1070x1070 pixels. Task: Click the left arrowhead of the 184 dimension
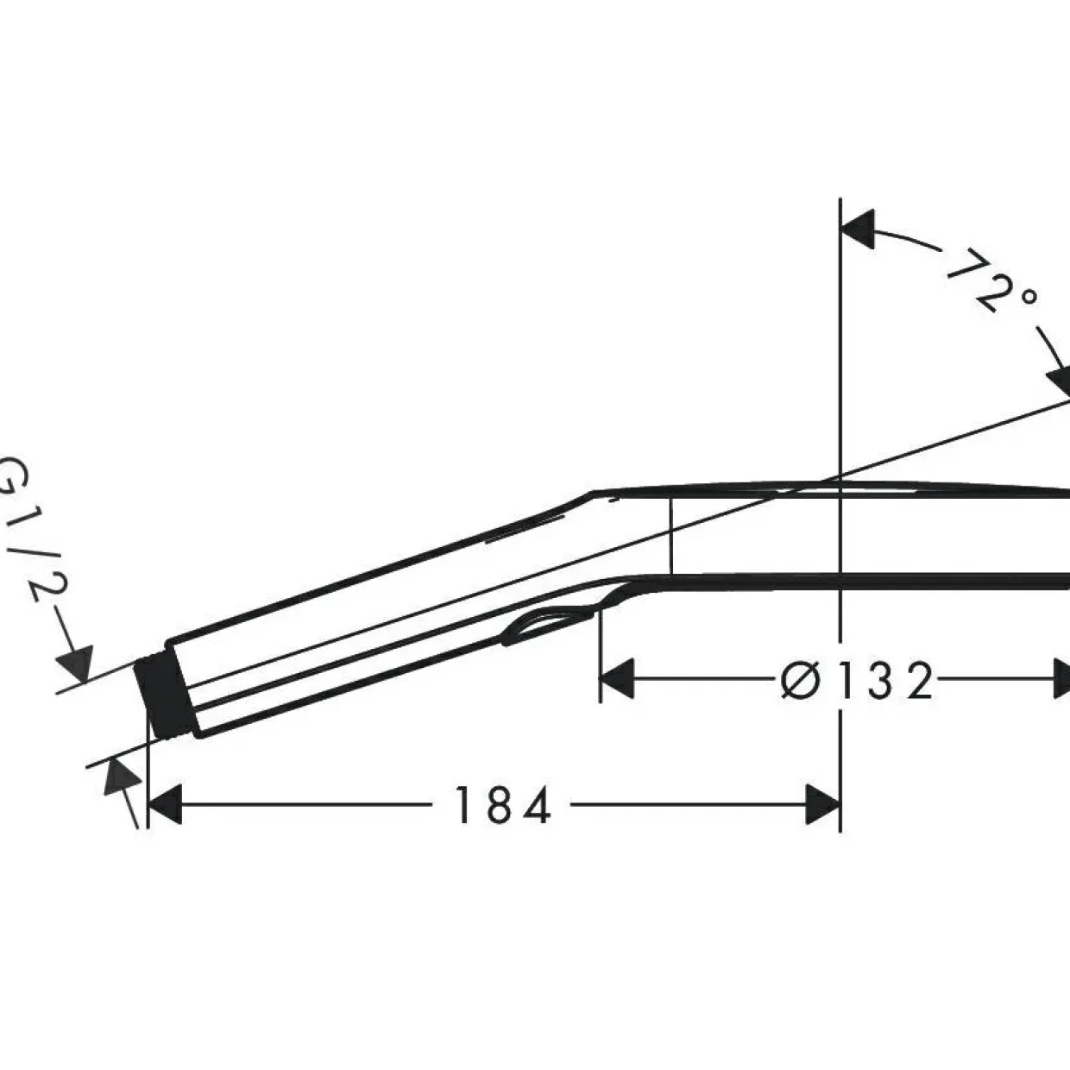[x=165, y=805]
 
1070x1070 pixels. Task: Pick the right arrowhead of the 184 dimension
[x=822, y=805]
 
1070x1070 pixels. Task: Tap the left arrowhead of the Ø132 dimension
[x=618, y=678]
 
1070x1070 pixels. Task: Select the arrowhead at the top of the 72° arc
[x=858, y=229]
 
